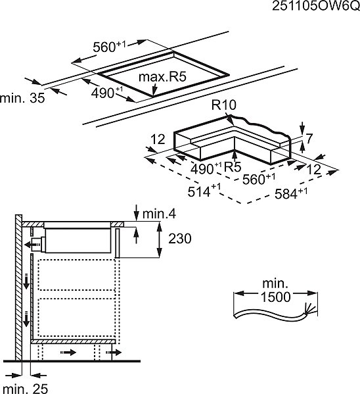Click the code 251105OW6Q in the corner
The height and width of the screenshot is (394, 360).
[x=316, y=5]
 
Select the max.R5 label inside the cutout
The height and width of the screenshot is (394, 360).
[x=162, y=77]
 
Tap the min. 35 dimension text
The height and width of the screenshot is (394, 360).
[x=22, y=98]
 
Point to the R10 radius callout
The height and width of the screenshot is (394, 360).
[x=223, y=105]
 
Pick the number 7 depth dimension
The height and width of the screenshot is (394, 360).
[x=309, y=138]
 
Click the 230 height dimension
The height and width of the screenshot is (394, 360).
[x=180, y=238]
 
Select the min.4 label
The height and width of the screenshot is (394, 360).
[x=159, y=214]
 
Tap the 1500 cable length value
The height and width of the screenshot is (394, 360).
[x=276, y=297]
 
